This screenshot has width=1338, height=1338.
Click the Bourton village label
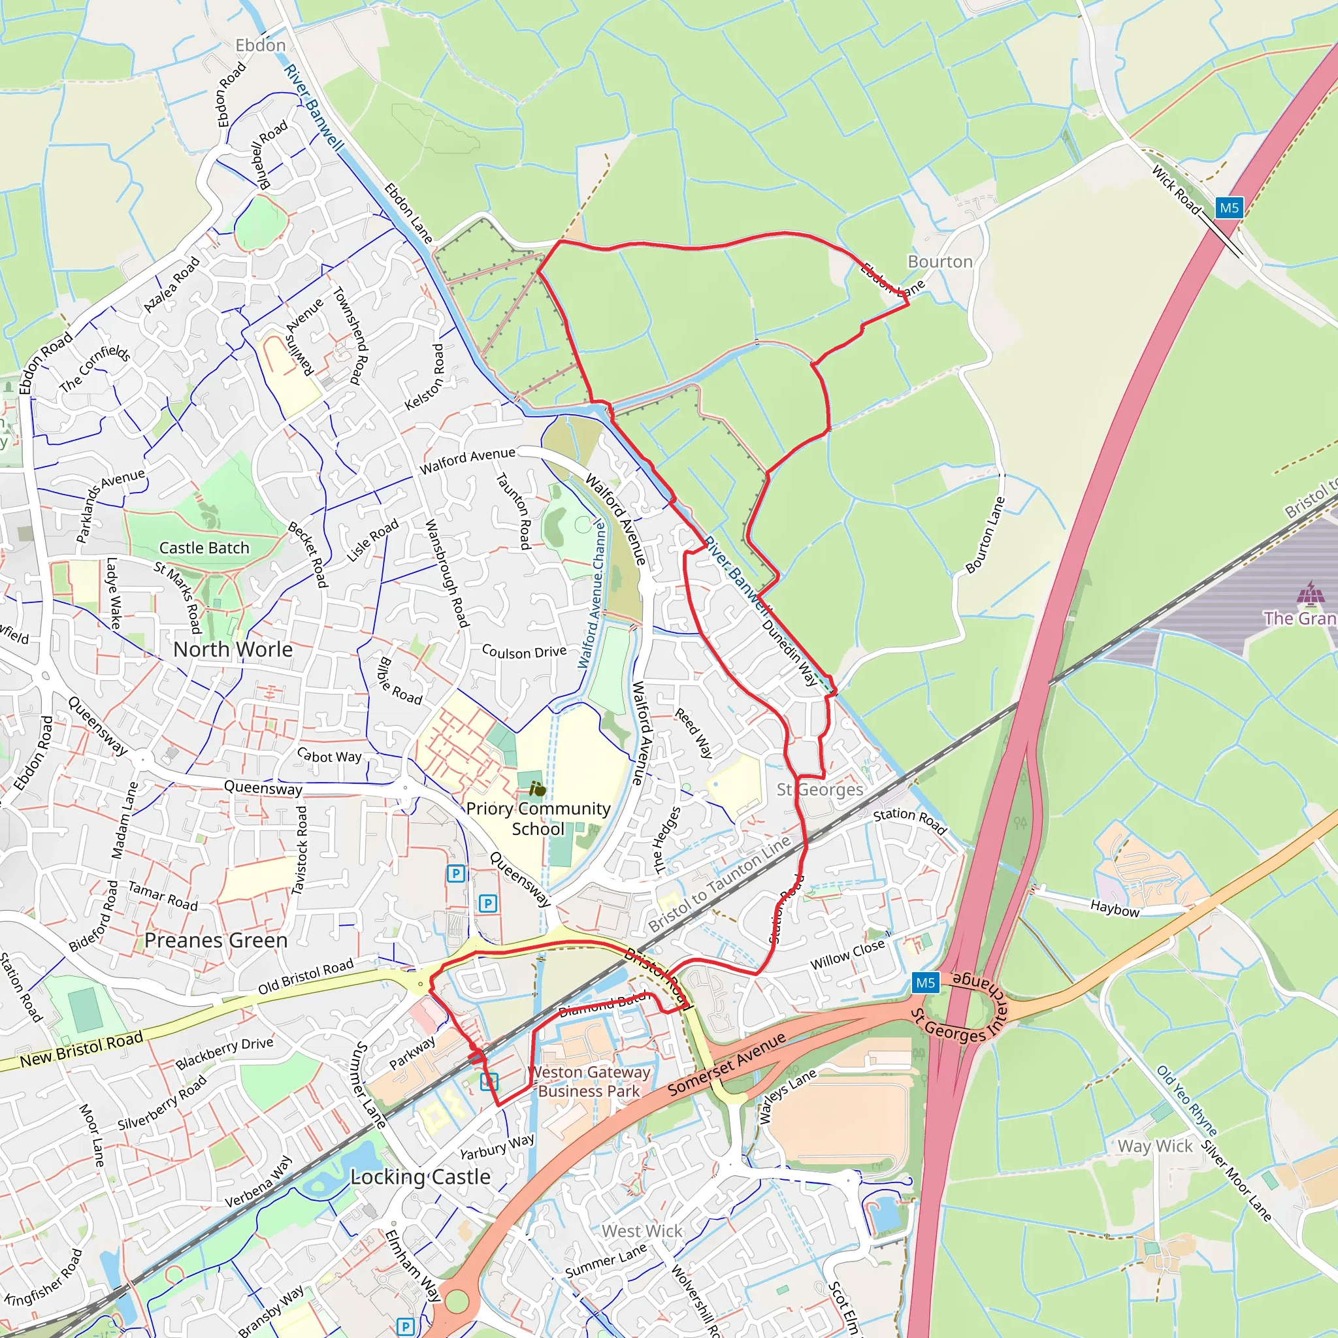(x=939, y=262)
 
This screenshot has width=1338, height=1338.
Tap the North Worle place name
(x=233, y=649)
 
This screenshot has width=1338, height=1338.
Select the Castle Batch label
(x=204, y=547)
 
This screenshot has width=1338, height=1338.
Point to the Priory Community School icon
(x=538, y=789)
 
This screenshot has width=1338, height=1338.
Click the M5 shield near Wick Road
(x=1229, y=208)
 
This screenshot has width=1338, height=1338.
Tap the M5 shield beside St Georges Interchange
(x=925, y=983)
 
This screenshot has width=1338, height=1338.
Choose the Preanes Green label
(x=216, y=941)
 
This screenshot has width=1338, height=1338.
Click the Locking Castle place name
(x=420, y=1177)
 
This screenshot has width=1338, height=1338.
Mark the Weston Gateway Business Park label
(x=589, y=1082)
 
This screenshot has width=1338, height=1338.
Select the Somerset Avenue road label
(x=726, y=1064)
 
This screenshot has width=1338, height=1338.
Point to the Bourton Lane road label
(x=985, y=535)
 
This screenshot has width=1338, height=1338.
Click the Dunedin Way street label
(x=789, y=653)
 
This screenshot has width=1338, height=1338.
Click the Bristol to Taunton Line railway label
(x=719, y=884)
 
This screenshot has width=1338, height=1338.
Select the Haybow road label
(x=1115, y=908)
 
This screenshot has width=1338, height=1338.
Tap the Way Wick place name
(x=1155, y=1146)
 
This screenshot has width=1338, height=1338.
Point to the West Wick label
(x=642, y=1231)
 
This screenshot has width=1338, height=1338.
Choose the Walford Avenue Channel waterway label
(x=592, y=596)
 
